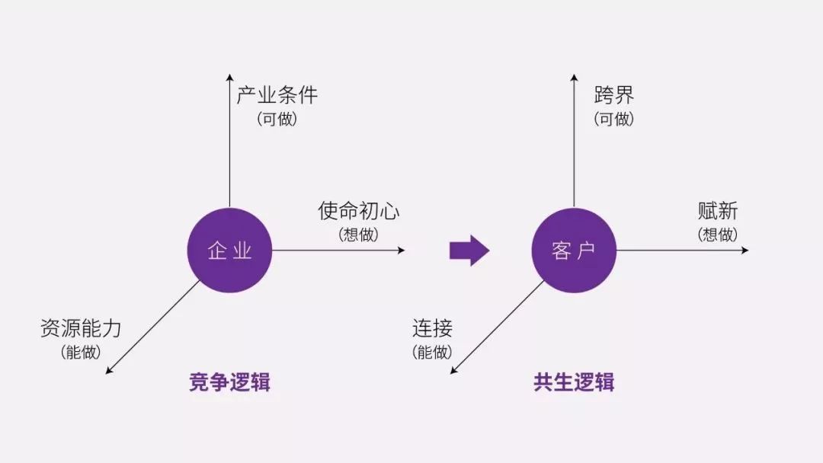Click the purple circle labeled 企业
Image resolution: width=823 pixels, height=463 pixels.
pyautogui.click(x=229, y=251)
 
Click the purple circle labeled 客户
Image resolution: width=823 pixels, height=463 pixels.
pyautogui.click(x=574, y=251)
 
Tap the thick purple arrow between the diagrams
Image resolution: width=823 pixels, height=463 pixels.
pyautogui.click(x=469, y=251)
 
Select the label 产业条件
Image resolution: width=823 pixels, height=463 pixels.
pyautogui.click(x=277, y=96)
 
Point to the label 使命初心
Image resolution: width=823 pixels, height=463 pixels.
pyautogui.click(x=358, y=211)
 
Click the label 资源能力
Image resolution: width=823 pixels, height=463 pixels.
pyautogui.click(x=81, y=329)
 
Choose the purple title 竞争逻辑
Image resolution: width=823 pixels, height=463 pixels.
pyautogui.click(x=229, y=382)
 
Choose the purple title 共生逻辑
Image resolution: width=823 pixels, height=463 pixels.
pyautogui.click(x=574, y=382)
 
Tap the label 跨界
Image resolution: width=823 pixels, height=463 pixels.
pyautogui.click(x=613, y=96)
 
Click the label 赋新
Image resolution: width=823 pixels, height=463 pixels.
pyautogui.click(x=717, y=211)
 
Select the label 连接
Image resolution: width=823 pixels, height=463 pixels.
pyautogui.click(x=432, y=329)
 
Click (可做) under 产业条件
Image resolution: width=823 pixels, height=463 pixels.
pyautogui.click(x=277, y=120)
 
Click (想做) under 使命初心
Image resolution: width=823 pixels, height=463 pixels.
pyautogui.click(x=358, y=235)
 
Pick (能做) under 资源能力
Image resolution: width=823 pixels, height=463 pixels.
pyautogui.click(x=81, y=353)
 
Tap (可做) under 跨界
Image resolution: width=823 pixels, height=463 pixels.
pyautogui.click(x=613, y=120)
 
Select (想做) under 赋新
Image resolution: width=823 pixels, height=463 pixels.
pyautogui.click(x=717, y=235)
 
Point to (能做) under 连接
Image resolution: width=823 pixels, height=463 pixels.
pyautogui.click(x=432, y=353)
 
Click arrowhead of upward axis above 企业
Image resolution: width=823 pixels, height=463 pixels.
pyautogui.click(x=229, y=77)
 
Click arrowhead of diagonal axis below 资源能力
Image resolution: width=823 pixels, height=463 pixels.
pyautogui.click(x=109, y=371)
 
